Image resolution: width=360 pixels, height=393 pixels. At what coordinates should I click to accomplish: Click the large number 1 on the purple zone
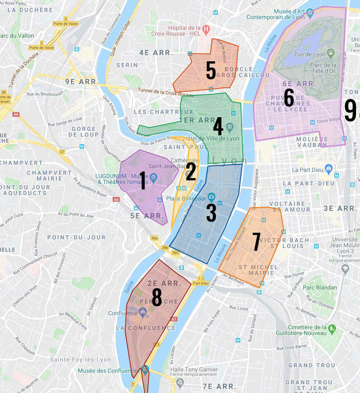tap(143, 181)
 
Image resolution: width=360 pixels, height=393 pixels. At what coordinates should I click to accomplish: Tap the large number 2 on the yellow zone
tap(191, 171)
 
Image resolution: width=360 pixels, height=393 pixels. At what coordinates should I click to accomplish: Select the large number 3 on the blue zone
tap(211, 212)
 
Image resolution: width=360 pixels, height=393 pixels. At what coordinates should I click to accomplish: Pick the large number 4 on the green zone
tap(218, 127)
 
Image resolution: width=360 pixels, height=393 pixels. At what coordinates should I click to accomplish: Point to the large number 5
tap(211, 71)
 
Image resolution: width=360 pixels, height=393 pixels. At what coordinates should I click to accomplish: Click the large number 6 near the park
tap(288, 98)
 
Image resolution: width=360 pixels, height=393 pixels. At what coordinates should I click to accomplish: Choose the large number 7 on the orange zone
tap(256, 242)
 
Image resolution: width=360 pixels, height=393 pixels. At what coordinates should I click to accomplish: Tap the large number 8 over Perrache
tap(157, 297)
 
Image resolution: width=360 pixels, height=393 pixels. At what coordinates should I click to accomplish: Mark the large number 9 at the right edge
tap(350, 111)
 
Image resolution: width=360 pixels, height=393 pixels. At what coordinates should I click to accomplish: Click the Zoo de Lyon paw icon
tap(331, 53)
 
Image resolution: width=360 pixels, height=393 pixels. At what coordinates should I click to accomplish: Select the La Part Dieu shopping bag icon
tap(329, 169)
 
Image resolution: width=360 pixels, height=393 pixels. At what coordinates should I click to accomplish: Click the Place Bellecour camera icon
tap(212, 196)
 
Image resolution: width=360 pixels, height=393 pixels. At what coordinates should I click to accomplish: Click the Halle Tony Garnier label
tap(194, 369)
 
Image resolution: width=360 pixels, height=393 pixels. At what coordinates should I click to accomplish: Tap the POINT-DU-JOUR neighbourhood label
tap(76, 237)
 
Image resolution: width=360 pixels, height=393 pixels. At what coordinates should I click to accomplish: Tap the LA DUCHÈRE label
tap(30, 10)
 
